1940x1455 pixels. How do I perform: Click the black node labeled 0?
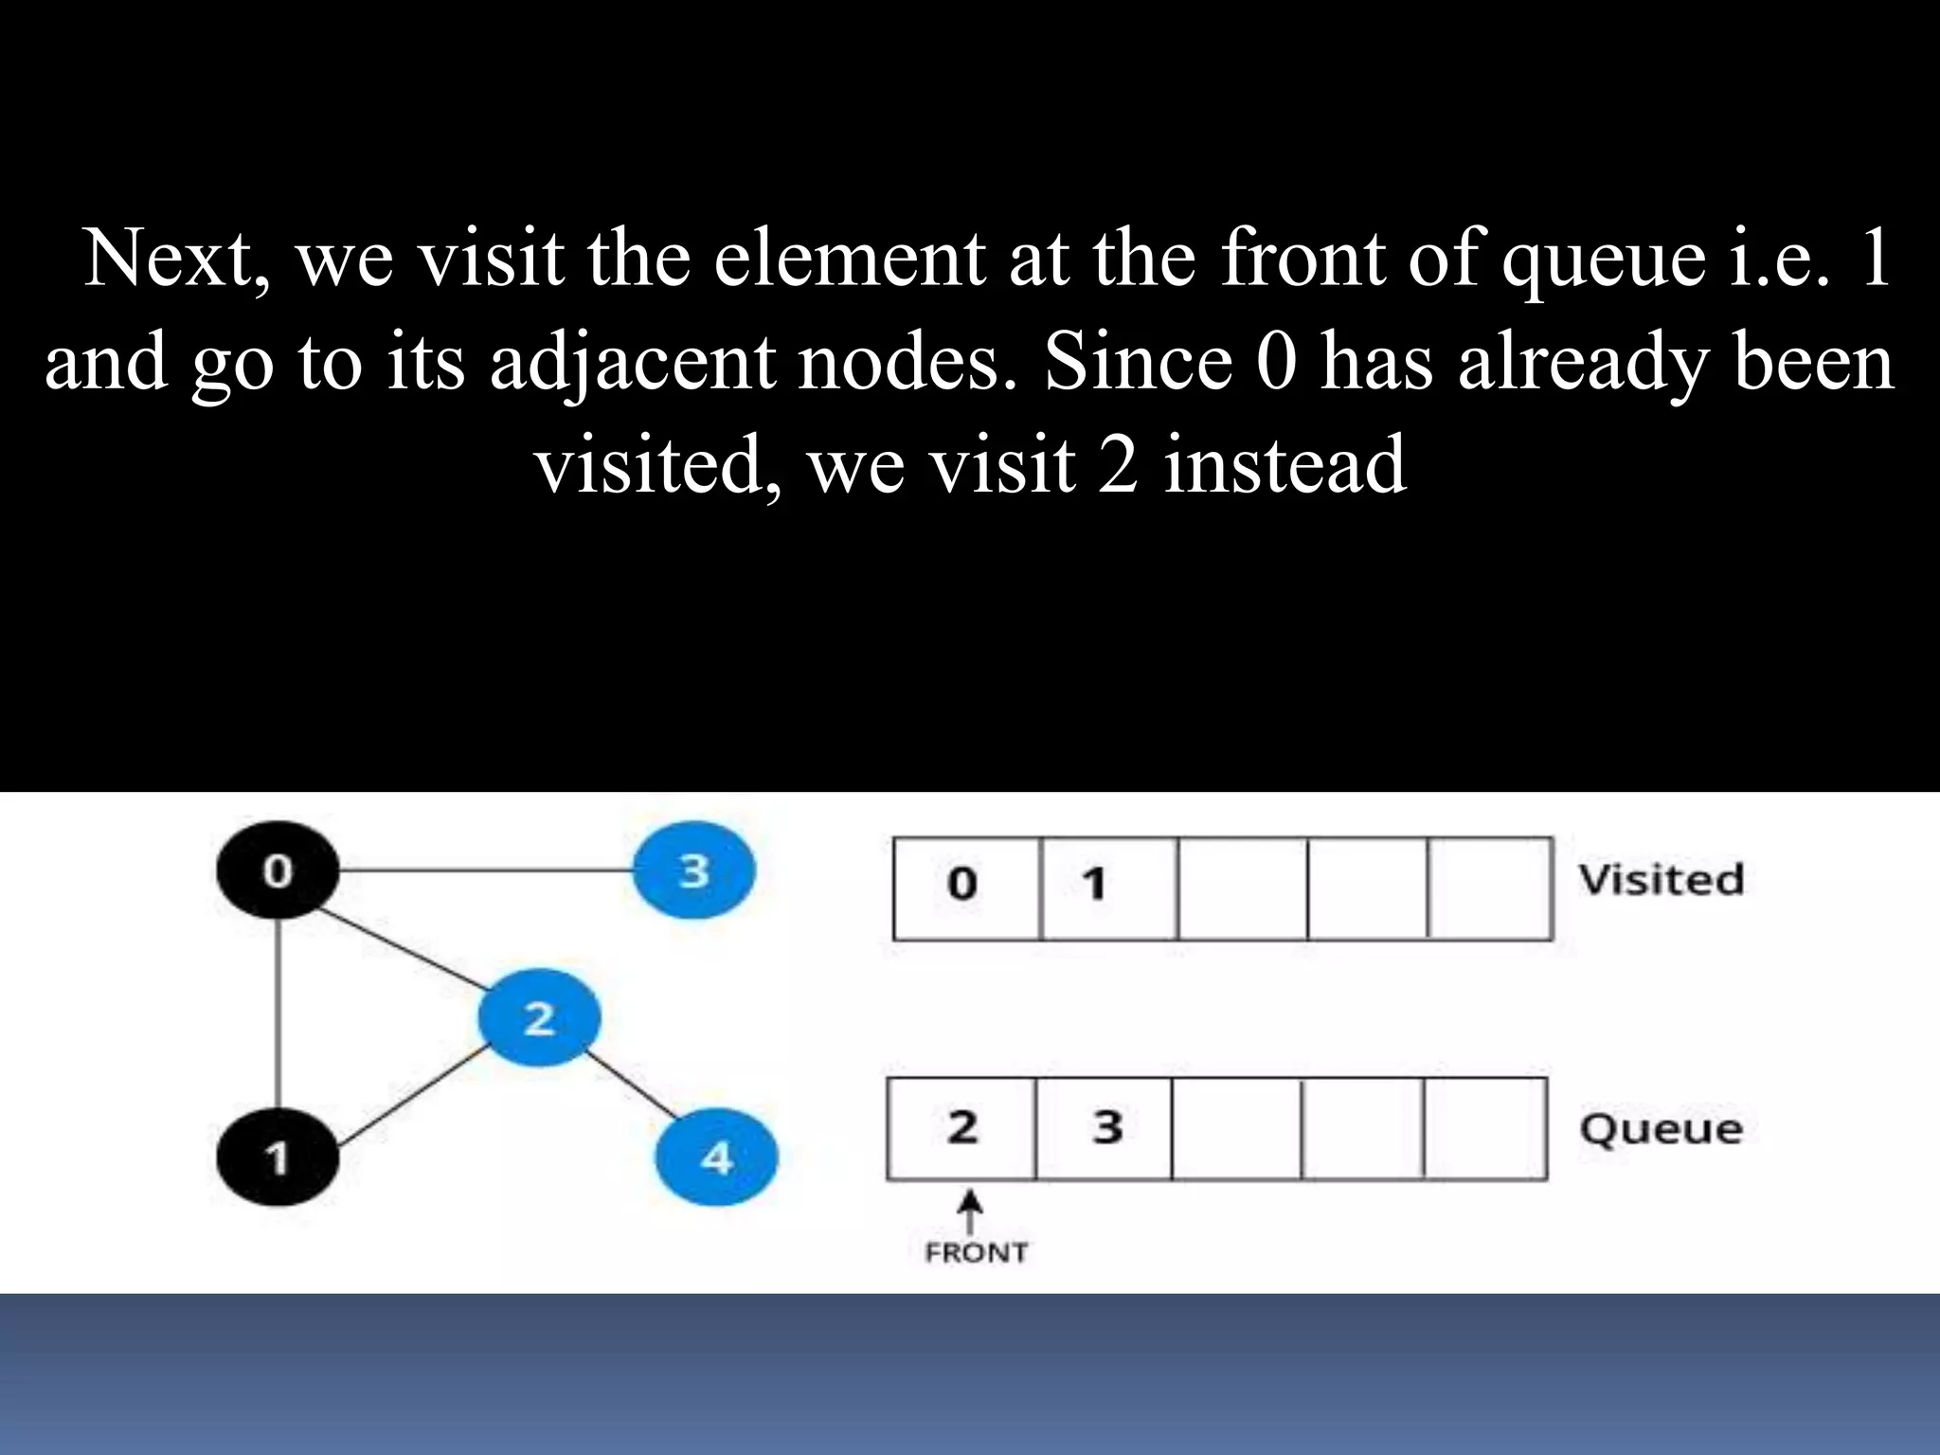[x=277, y=870]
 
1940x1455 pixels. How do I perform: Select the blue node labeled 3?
[x=693, y=870]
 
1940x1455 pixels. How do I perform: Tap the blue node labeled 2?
[x=539, y=1017]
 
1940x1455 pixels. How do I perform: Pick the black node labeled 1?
[x=277, y=1158]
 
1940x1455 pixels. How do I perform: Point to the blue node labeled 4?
[x=716, y=1158]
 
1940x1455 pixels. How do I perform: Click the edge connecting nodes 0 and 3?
[x=485, y=870]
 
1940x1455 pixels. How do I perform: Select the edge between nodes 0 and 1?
[x=278, y=1014]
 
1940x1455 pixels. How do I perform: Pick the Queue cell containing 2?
[x=961, y=1128]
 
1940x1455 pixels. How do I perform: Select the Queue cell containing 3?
[x=1105, y=1128]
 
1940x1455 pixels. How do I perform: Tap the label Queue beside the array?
[x=1661, y=1129]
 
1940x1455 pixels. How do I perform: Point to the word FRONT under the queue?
[x=976, y=1253]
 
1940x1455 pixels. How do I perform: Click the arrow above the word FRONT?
[x=969, y=1211]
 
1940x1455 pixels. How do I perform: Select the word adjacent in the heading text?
[x=632, y=363]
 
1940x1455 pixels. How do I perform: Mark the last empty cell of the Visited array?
[x=1490, y=888]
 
